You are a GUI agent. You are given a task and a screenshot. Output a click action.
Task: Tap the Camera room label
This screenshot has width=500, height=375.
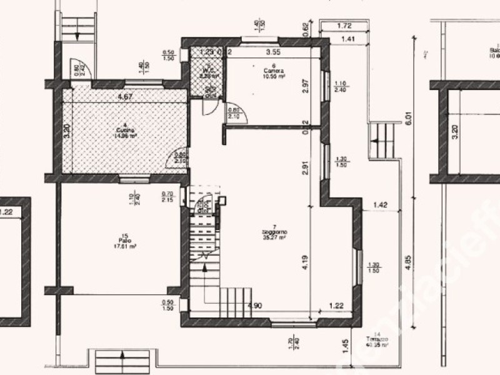[x=273, y=72]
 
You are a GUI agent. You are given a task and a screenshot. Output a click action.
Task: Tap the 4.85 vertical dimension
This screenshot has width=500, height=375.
[x=410, y=260]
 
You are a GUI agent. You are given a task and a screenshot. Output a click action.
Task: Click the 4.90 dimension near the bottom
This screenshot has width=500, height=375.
[x=255, y=306]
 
